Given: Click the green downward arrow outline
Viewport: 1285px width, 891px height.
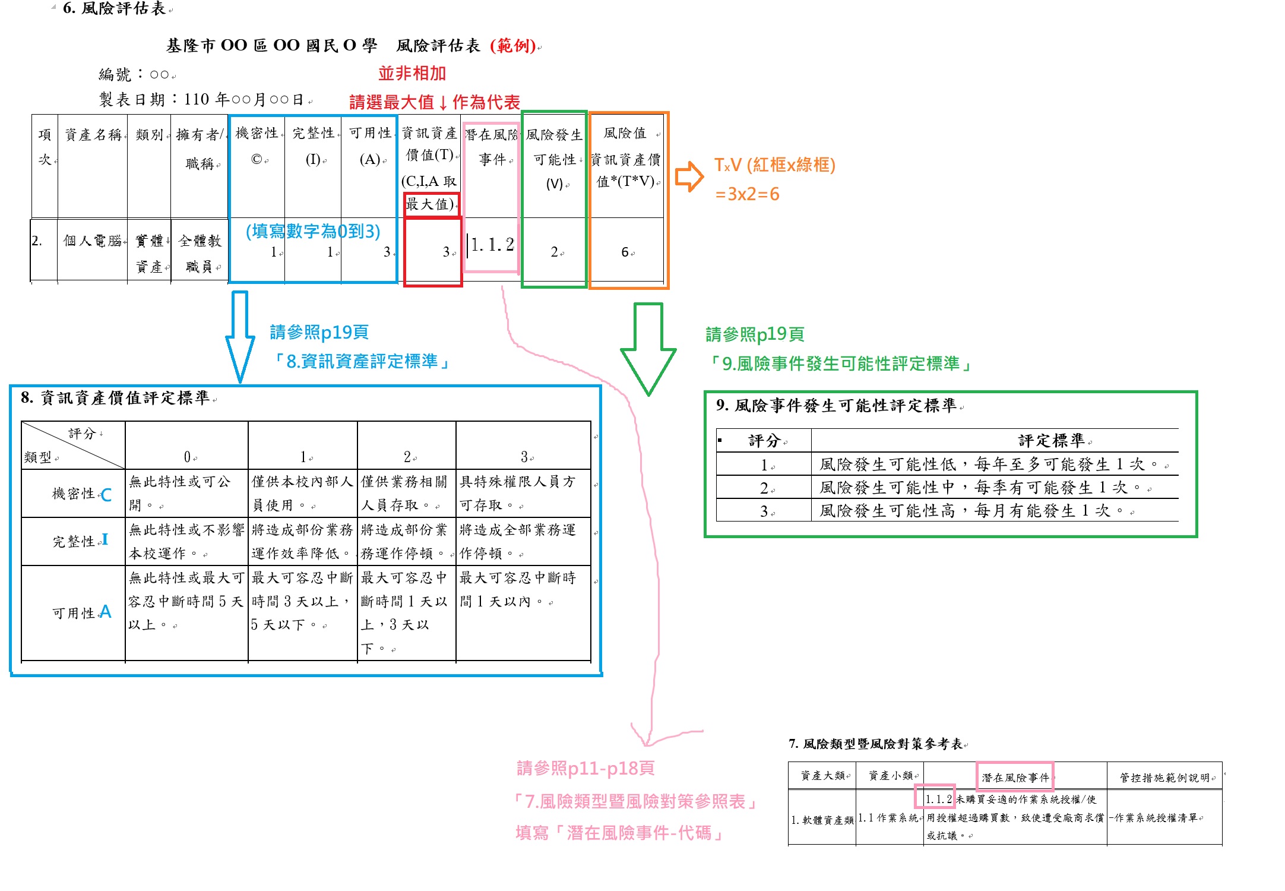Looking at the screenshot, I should pos(648,350).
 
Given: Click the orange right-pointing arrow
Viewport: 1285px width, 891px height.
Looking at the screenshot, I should pos(689,176).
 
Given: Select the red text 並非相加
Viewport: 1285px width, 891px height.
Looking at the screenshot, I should pos(412,74).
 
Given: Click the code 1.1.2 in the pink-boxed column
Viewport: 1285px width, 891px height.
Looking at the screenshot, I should pos(492,245).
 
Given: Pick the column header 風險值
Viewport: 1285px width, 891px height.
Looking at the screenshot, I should pos(625,134).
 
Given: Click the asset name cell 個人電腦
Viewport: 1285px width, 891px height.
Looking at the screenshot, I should pos(92,241).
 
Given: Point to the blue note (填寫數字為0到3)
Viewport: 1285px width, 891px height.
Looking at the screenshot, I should pos(313,231).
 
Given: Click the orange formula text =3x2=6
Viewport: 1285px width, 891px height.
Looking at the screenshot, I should pos(747,194).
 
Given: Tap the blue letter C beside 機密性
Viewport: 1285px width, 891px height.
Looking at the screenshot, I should pos(106,495).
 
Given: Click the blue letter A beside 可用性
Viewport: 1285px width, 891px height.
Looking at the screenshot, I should pos(106,612).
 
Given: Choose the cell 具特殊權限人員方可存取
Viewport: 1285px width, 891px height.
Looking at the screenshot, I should pos(517,493).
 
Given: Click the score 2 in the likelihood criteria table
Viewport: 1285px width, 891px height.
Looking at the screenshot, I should pos(764,488).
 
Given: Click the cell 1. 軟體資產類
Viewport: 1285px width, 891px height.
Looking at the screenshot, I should pos(822,820).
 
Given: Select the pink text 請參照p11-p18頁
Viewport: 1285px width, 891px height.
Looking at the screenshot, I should pos(585,769).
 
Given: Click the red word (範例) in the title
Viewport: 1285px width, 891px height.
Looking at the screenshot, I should pos(513,46).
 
